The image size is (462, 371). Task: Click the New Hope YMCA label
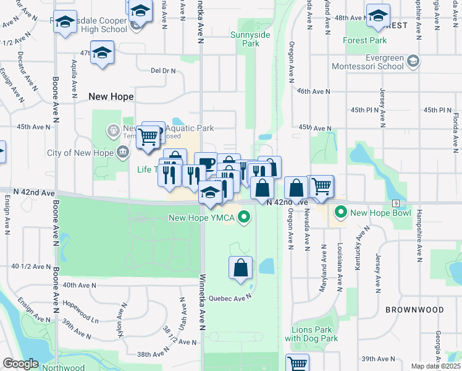pos(203,218)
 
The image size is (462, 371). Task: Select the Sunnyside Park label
pos(250,39)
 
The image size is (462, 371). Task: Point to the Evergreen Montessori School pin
pos(413,61)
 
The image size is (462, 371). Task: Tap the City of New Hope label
pos(80,153)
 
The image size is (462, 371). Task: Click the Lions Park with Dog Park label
pos(311,334)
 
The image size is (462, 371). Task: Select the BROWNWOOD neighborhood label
pos(414,309)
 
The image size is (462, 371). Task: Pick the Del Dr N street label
pos(163,70)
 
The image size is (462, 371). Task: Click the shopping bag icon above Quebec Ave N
pos(241,268)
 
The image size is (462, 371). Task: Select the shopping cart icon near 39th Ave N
pos(298,364)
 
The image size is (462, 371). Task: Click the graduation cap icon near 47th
pos(103,53)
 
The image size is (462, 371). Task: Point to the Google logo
pos(21,364)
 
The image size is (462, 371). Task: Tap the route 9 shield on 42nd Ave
pos(394,203)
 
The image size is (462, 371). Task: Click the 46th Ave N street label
pos(313,92)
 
